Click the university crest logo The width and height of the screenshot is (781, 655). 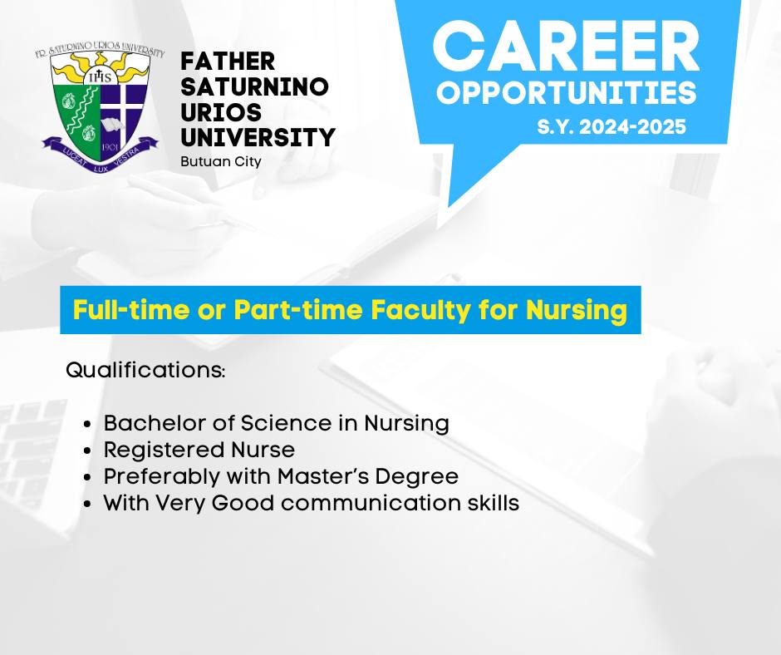pyautogui.click(x=100, y=108)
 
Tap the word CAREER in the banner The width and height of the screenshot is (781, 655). pyautogui.click(x=567, y=47)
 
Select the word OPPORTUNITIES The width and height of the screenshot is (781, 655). pyautogui.click(x=567, y=93)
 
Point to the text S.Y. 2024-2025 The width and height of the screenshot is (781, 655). pyautogui.click(x=612, y=126)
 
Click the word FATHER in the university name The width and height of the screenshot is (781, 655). pyautogui.click(x=228, y=62)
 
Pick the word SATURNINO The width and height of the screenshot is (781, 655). pyautogui.click(x=254, y=86)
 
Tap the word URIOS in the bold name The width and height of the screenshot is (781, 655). pyautogui.click(x=221, y=112)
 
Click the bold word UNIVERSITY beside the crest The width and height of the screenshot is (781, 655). pyautogui.click(x=258, y=138)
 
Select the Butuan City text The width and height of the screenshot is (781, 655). pyautogui.click(x=221, y=162)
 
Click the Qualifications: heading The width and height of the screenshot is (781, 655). pyautogui.click(x=145, y=371)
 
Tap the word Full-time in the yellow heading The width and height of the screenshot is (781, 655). pyautogui.click(x=131, y=309)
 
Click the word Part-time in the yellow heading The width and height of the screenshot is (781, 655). pyautogui.click(x=297, y=309)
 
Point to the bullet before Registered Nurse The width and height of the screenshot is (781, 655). pyautogui.click(x=88, y=451)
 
